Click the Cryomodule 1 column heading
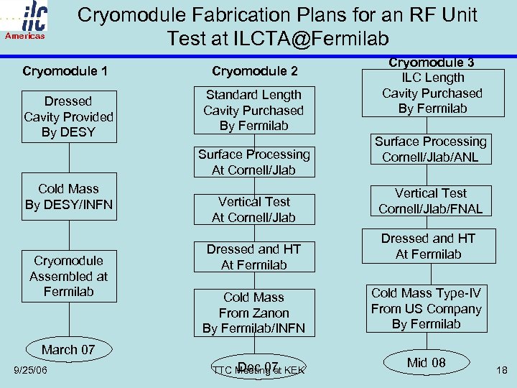click(65, 71)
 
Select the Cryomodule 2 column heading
click(254, 71)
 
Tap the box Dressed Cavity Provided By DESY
click(68, 116)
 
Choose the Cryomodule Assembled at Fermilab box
click(68, 276)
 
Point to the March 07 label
click(68, 350)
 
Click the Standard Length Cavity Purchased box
click(253, 110)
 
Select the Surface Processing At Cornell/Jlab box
click(254, 162)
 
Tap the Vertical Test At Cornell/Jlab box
click(254, 209)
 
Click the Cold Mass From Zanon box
click(254, 313)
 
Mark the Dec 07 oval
click(258, 367)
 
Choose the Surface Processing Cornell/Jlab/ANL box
click(431, 149)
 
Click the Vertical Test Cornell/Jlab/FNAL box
click(431, 201)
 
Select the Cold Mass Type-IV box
click(426, 308)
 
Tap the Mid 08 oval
click(427, 362)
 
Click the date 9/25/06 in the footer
click(30, 370)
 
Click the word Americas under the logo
click(26, 36)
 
